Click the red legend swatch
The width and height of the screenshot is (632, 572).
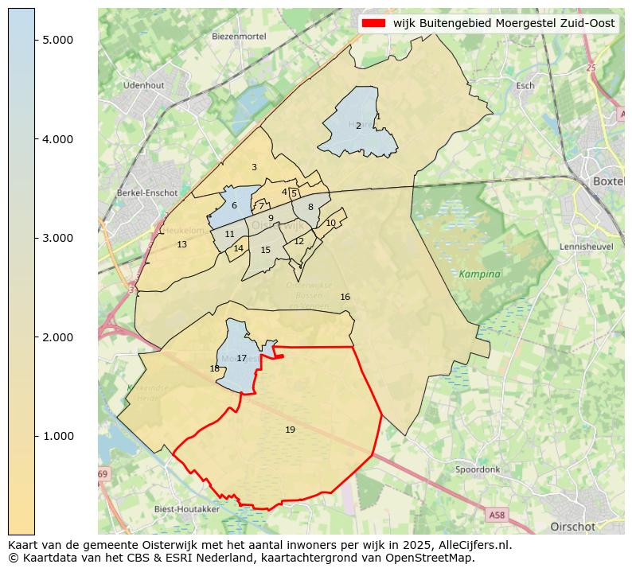click(374, 23)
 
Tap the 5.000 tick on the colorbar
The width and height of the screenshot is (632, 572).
click(58, 40)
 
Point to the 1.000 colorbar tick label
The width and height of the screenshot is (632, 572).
click(58, 436)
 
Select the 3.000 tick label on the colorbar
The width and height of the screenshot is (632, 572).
click(58, 238)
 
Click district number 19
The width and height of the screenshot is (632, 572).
click(290, 430)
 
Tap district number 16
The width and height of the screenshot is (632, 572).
click(345, 297)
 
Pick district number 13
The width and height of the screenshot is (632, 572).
click(181, 244)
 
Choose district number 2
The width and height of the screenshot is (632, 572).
click(358, 126)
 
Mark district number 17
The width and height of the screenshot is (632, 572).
click(241, 359)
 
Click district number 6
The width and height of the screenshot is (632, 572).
click(234, 205)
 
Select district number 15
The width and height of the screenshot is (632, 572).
click(266, 250)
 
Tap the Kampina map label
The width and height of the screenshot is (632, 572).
click(480, 274)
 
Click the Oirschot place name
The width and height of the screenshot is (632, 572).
click(572, 527)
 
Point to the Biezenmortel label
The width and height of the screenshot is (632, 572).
click(238, 37)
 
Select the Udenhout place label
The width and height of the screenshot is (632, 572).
click(143, 85)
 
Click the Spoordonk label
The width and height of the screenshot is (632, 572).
click(478, 469)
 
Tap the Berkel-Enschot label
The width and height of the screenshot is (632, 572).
click(146, 193)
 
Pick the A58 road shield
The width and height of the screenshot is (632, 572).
click(497, 516)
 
